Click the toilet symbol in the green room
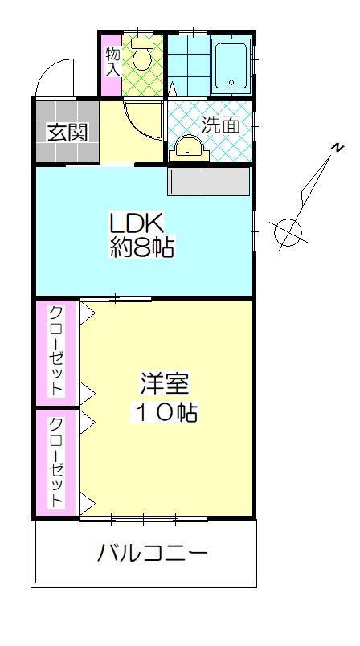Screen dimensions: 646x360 [x=142, y=54]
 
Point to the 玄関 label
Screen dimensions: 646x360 [x=67, y=132]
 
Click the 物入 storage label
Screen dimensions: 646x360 [x=112, y=62]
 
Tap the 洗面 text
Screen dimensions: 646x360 [x=220, y=125]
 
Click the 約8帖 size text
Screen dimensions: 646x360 [x=142, y=247]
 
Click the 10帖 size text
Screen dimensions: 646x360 [x=165, y=413]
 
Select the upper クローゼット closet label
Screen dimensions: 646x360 [x=56, y=350]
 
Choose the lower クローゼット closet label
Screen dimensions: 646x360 [x=56, y=461]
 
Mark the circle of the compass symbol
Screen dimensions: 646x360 [x=288, y=233]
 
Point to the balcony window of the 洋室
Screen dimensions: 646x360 [x=143, y=519]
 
